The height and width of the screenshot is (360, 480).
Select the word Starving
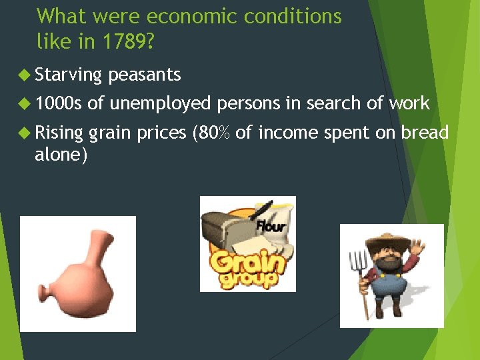[x=68, y=75]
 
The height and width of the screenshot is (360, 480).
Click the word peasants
[x=145, y=75]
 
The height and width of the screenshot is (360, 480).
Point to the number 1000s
[x=59, y=103]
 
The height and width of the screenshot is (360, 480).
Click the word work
[x=409, y=103]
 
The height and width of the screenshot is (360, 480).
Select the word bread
[x=425, y=133]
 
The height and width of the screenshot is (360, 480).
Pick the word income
[x=287, y=133]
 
